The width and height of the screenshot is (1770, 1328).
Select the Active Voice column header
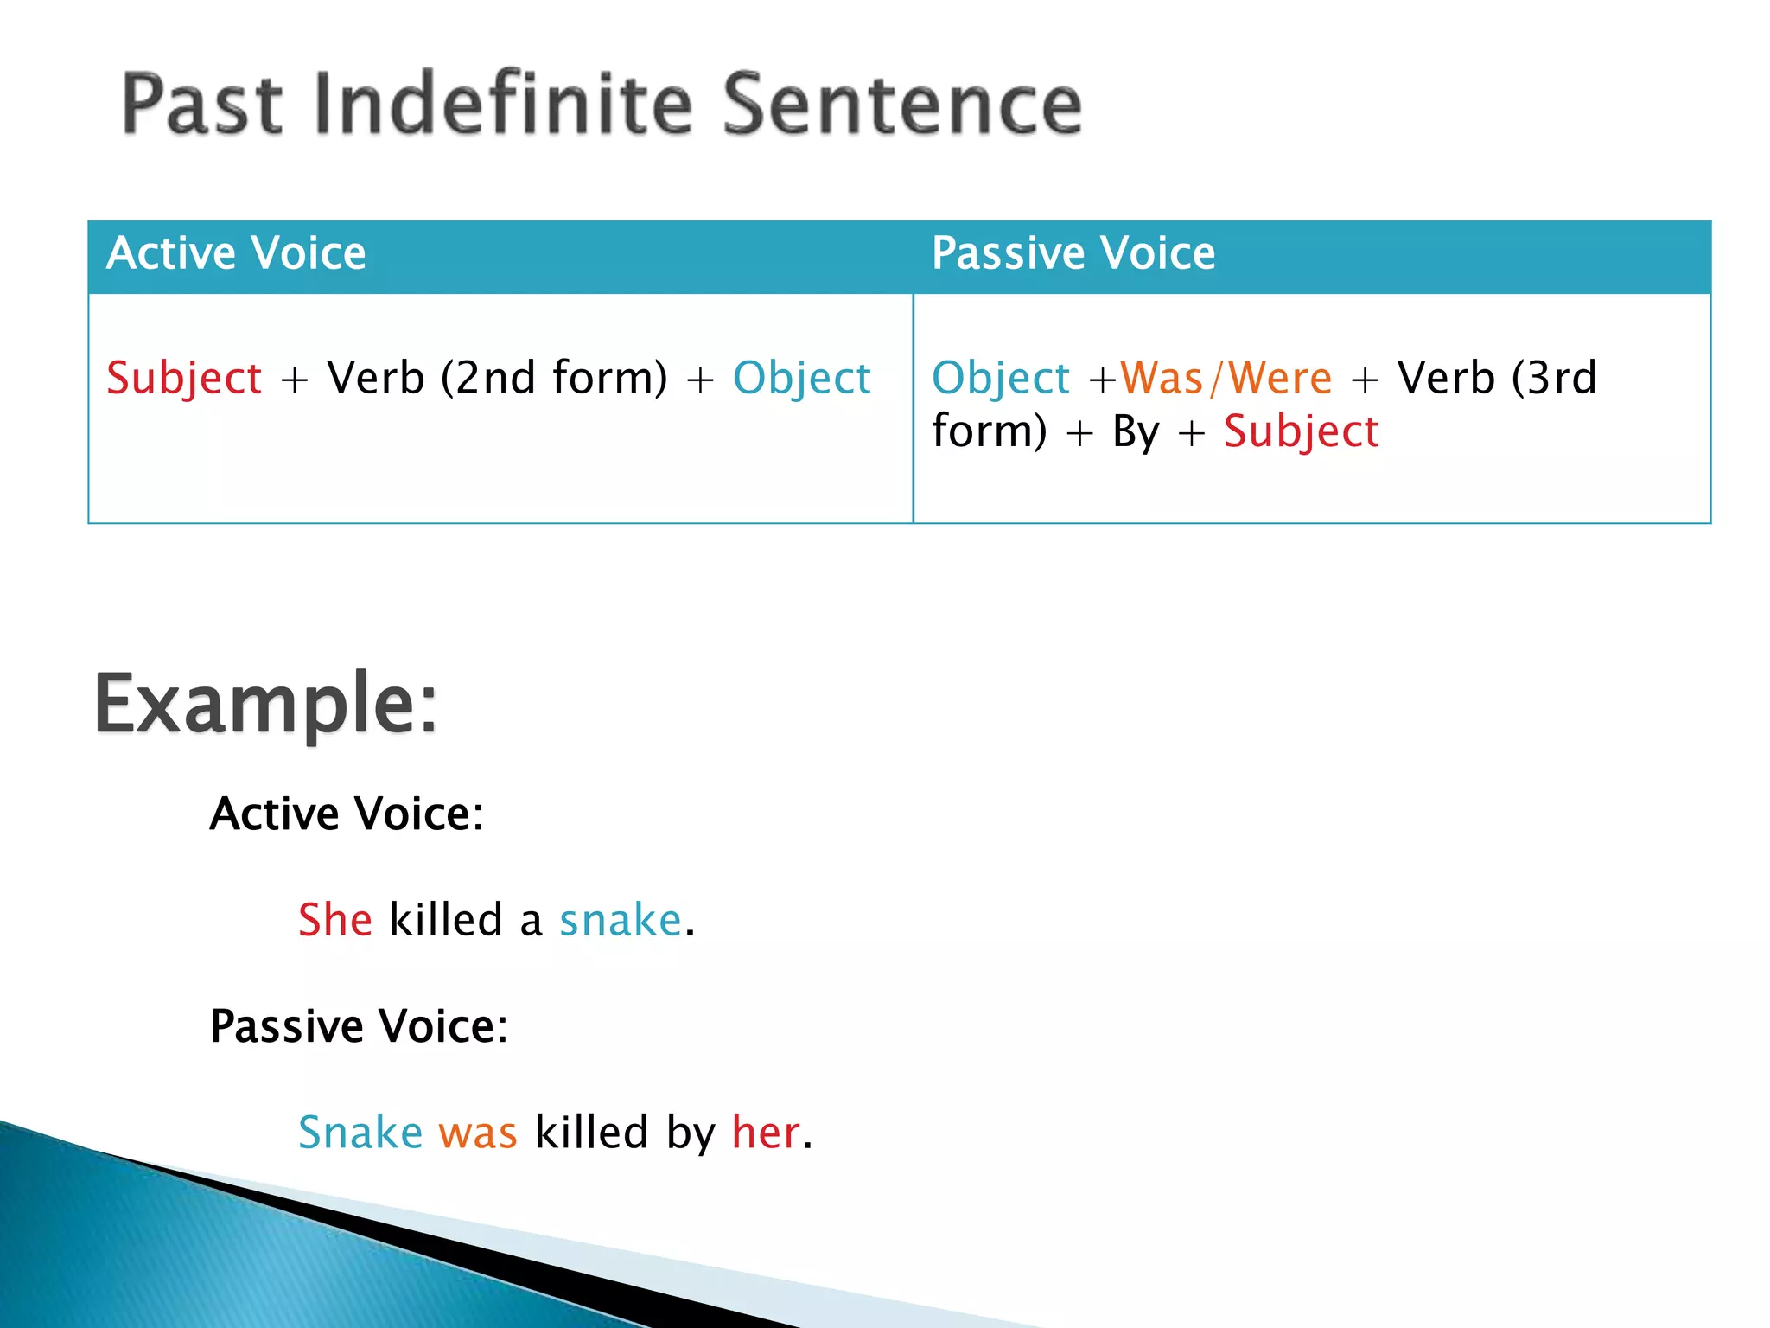(236, 253)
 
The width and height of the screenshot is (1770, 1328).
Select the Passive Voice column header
(1073, 253)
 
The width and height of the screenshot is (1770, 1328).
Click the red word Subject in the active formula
(184, 379)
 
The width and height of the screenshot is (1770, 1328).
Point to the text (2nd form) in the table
(554, 378)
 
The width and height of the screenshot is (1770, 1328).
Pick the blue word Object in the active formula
(801, 379)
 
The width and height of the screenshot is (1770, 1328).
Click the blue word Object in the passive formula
(1001, 379)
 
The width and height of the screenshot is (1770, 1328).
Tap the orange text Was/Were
(1226, 378)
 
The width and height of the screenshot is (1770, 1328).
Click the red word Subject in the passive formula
(1301, 431)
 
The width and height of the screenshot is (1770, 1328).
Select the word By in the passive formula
(1136, 431)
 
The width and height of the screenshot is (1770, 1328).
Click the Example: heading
(266, 704)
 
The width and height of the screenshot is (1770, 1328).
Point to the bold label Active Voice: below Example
(347, 814)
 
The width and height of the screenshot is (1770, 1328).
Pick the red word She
(335, 919)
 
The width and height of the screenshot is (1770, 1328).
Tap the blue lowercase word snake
(621, 920)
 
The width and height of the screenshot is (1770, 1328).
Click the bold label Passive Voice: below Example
(359, 1026)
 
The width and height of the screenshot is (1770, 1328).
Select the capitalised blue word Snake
(360, 1132)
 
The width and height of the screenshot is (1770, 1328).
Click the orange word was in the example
(477, 1133)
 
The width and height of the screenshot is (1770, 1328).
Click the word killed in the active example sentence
(446, 919)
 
